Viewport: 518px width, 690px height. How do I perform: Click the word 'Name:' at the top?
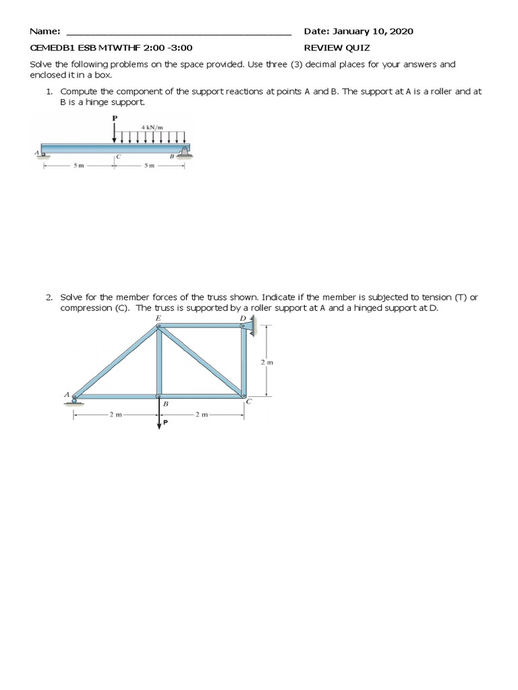(x=45, y=32)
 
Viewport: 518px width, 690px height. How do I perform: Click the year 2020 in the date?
(x=401, y=32)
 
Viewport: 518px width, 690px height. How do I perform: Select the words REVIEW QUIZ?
(x=337, y=48)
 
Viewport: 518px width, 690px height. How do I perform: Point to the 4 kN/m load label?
(x=153, y=127)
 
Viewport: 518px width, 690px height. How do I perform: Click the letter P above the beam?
(x=114, y=118)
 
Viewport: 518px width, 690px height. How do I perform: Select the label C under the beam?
(x=118, y=157)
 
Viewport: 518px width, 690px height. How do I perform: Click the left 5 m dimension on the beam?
(x=78, y=166)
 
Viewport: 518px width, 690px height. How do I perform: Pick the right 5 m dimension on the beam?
(x=149, y=166)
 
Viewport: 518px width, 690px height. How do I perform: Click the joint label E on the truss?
(x=158, y=317)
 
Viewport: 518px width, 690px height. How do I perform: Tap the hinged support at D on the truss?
(x=248, y=326)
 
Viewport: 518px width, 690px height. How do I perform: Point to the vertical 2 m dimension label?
(x=266, y=362)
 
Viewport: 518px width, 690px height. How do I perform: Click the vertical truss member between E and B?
(x=159, y=362)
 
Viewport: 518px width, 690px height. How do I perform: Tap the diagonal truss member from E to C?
(x=201, y=362)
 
